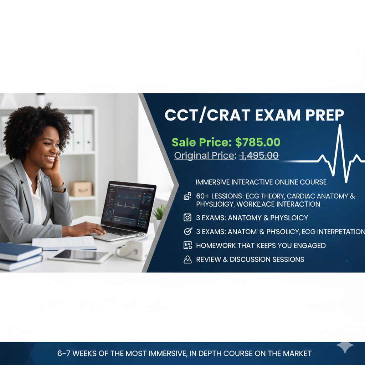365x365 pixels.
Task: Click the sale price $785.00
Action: [258, 142]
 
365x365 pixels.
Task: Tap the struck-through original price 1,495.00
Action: [259, 155]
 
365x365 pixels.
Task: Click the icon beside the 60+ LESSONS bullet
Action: [187, 196]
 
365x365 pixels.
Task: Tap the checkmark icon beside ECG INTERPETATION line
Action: [187, 232]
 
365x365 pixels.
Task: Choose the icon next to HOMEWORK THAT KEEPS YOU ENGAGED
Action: [187, 246]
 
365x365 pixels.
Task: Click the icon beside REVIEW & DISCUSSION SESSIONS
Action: [187, 259]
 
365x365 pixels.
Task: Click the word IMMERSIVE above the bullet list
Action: [212, 182]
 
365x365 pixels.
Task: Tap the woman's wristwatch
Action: [58, 187]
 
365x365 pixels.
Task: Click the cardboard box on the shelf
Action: [81, 188]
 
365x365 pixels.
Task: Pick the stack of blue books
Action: [20, 256]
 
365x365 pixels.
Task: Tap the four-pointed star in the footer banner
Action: [345, 347]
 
